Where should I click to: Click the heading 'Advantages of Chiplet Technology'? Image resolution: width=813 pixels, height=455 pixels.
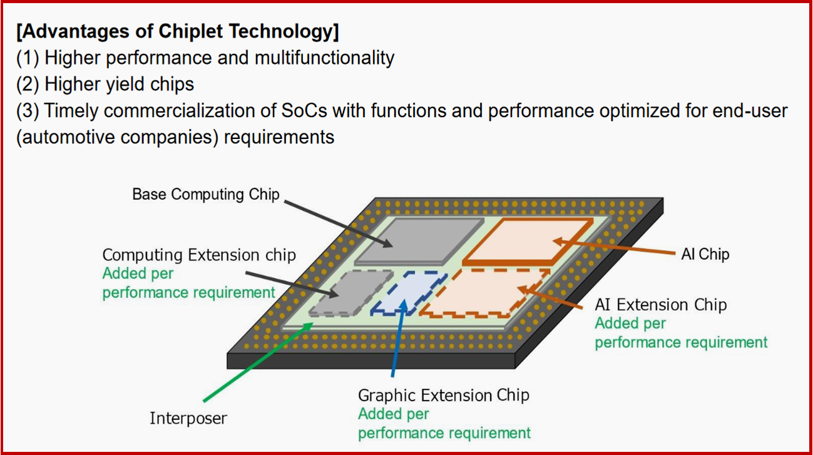click(x=178, y=31)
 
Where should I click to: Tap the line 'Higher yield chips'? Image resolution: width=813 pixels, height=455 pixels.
click(x=119, y=84)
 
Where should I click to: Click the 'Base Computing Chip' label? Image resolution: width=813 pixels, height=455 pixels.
click(x=205, y=194)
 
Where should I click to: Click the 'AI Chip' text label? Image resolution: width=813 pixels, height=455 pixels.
click(x=705, y=254)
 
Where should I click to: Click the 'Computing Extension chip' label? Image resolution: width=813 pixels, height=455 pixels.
click(x=198, y=255)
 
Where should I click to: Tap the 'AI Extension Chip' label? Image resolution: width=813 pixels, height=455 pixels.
click(x=660, y=305)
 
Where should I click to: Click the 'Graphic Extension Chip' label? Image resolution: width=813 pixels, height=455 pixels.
click(x=443, y=396)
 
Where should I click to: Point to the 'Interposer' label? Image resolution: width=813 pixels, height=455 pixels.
click(x=188, y=418)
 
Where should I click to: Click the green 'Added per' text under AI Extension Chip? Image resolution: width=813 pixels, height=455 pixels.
click(x=630, y=324)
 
